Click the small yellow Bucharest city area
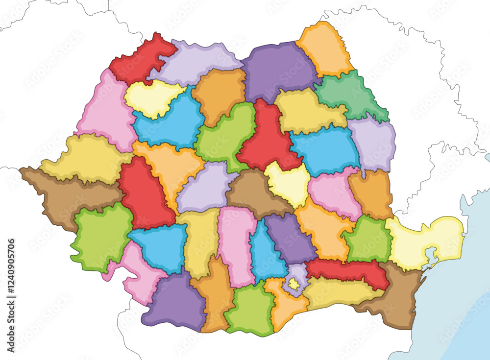click(x=294, y=284)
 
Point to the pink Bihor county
click(x=105, y=113)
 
